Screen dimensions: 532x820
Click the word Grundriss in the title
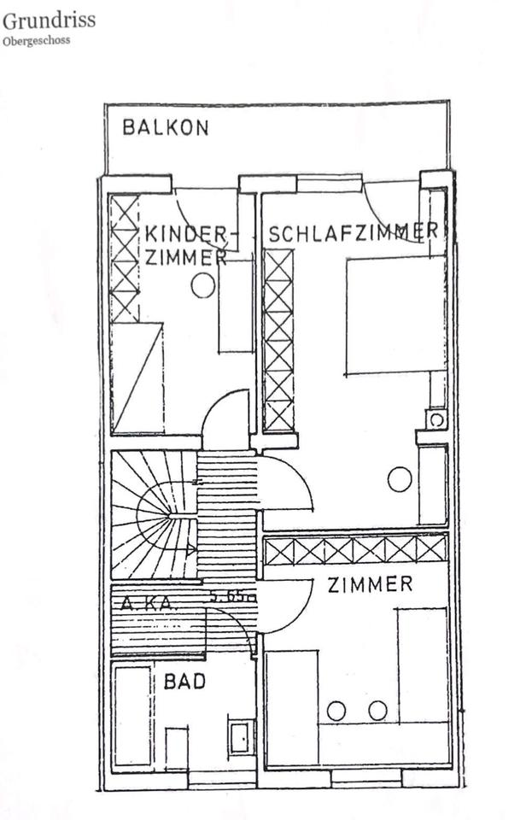point(48,20)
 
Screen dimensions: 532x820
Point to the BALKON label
point(165,128)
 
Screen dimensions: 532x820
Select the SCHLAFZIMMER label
point(354,231)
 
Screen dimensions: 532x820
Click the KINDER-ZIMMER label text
point(186,245)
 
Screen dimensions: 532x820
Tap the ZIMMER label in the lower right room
point(371,584)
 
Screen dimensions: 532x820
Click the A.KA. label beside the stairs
point(148,602)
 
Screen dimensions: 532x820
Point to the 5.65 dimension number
point(231,597)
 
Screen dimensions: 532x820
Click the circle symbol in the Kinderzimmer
point(203,285)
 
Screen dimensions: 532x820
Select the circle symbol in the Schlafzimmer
point(399,479)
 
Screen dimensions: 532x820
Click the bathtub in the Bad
point(133,716)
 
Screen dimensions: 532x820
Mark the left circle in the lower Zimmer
point(336,710)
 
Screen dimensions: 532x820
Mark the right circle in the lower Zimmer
point(377,710)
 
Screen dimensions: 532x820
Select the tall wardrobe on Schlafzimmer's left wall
point(278,340)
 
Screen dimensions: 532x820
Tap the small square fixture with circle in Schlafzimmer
point(436,419)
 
